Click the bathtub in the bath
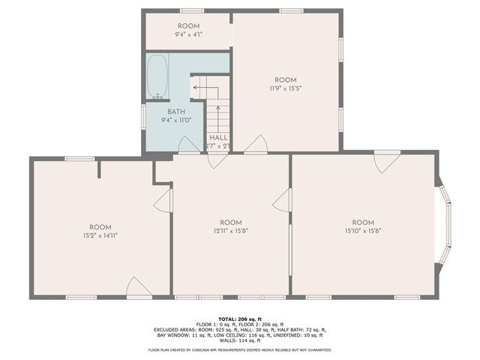pos(157,76)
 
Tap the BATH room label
pos(176,112)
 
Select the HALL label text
pos(218,137)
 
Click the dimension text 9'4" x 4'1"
pos(188,34)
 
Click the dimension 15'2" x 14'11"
pos(100,235)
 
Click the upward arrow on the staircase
pos(218,116)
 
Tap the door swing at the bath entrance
pos(189,145)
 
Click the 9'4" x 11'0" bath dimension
pos(176,120)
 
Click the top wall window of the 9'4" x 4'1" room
pos(191,10)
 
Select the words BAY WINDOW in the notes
pos(185,334)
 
